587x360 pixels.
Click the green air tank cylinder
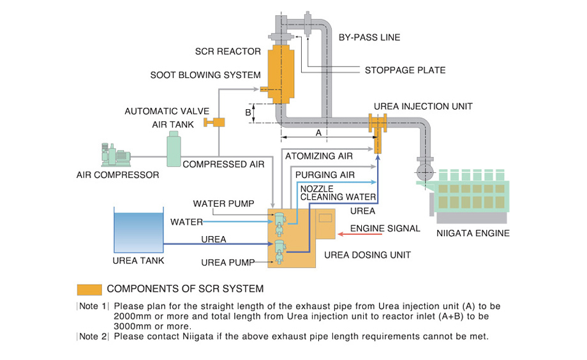point(173,151)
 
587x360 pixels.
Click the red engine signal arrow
point(355,234)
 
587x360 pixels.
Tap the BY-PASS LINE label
point(369,37)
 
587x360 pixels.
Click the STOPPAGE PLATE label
point(405,70)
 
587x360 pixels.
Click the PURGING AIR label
point(324,174)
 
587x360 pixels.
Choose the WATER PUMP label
point(223,204)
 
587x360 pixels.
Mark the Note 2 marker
point(93,336)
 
